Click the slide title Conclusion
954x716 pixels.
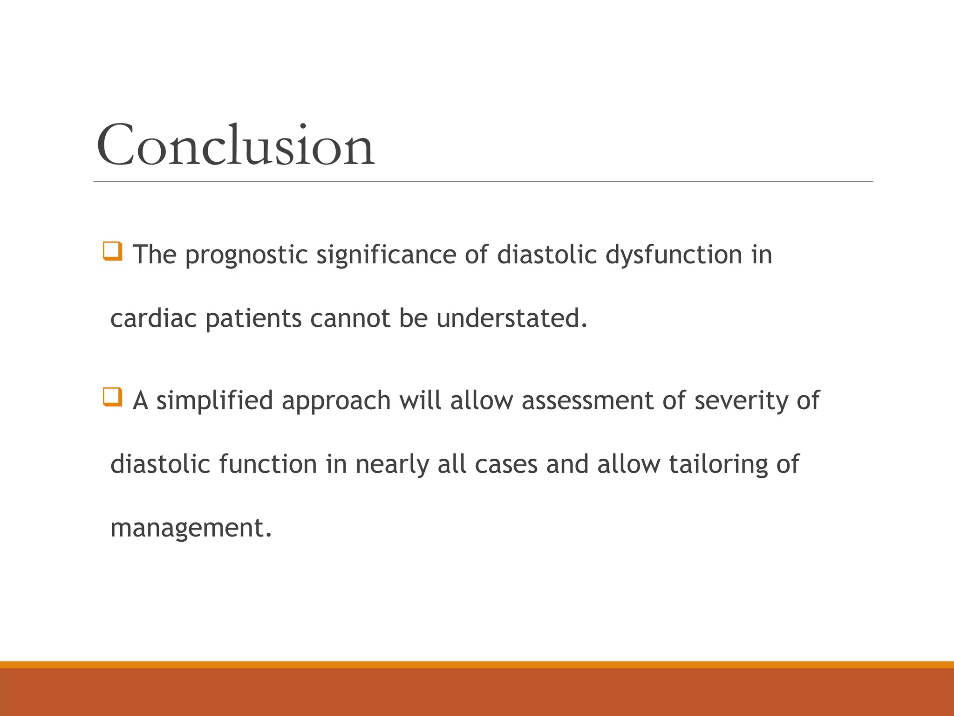click(x=235, y=145)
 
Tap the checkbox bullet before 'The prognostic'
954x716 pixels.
click(x=112, y=251)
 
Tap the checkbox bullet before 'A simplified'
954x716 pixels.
click(x=112, y=397)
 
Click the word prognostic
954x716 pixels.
click(x=246, y=255)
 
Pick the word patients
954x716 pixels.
click(x=253, y=319)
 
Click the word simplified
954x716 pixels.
click(x=214, y=401)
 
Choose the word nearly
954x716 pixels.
click(x=392, y=465)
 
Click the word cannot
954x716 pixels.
click(x=350, y=319)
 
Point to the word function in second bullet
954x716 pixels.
click(x=268, y=464)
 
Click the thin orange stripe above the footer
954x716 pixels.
click(x=477, y=664)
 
